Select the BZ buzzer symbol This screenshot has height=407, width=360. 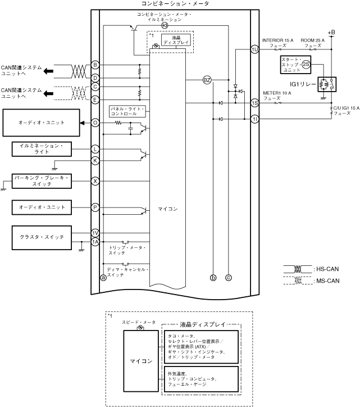point(207,80)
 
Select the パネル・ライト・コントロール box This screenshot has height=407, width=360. point(128,110)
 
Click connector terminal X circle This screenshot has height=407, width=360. point(95,181)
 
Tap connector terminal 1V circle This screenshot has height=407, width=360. point(95,233)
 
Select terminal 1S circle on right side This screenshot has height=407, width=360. point(254,103)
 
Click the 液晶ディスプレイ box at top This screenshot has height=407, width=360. point(176,41)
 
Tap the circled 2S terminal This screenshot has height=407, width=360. point(306,65)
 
